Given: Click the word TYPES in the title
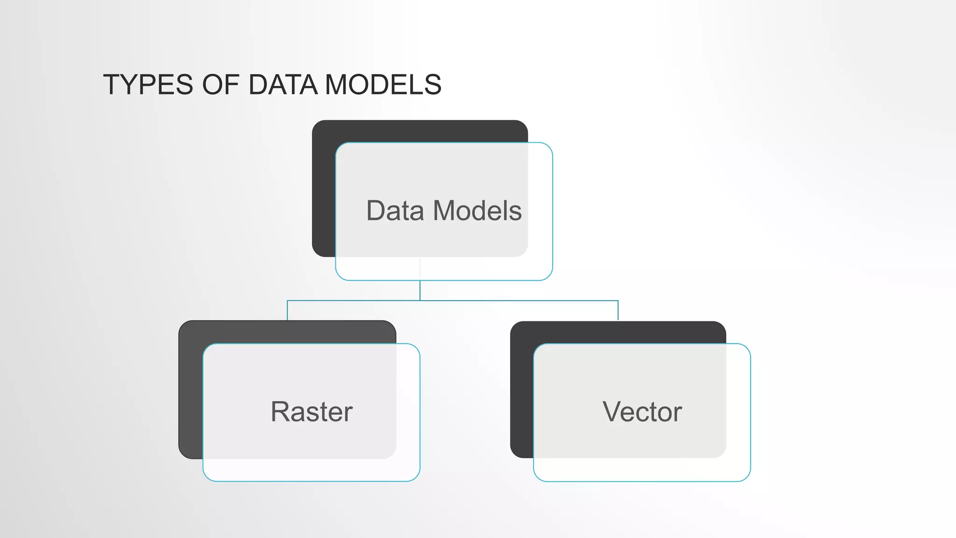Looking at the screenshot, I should [x=148, y=85].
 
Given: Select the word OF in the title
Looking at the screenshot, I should [x=221, y=85].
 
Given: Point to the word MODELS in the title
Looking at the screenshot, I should [x=383, y=85].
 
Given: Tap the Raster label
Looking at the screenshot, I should [x=311, y=412].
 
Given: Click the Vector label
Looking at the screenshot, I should [x=642, y=412].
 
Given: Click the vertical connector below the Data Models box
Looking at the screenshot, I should [x=420, y=290].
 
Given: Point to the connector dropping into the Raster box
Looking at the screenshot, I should [x=287, y=311].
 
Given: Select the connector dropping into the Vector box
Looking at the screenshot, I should [x=618, y=311].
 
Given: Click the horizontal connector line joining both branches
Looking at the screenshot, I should [x=513, y=301].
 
